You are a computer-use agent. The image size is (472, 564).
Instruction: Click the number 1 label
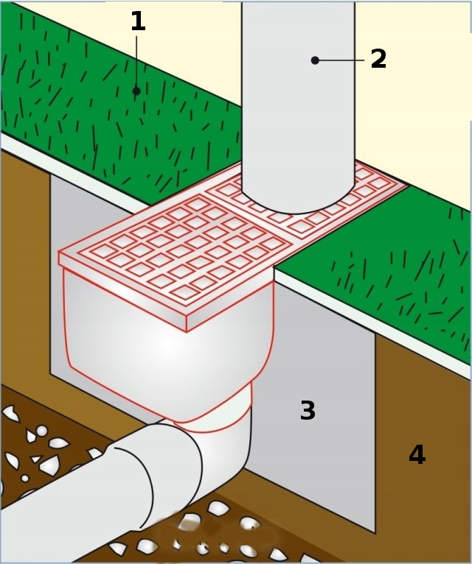click(137, 22)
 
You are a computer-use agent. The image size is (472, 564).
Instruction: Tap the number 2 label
click(378, 60)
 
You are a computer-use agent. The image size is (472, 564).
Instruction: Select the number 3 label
click(308, 412)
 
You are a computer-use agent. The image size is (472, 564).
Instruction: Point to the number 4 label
click(417, 456)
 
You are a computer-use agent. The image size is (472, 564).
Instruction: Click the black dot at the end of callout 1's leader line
click(136, 91)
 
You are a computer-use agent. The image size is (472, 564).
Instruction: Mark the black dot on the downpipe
click(315, 60)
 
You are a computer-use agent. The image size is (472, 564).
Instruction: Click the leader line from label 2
click(341, 60)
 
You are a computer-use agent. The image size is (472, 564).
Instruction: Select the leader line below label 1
click(136, 63)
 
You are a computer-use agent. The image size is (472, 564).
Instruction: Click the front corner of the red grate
click(187, 324)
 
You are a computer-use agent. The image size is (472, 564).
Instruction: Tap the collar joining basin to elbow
click(214, 420)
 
